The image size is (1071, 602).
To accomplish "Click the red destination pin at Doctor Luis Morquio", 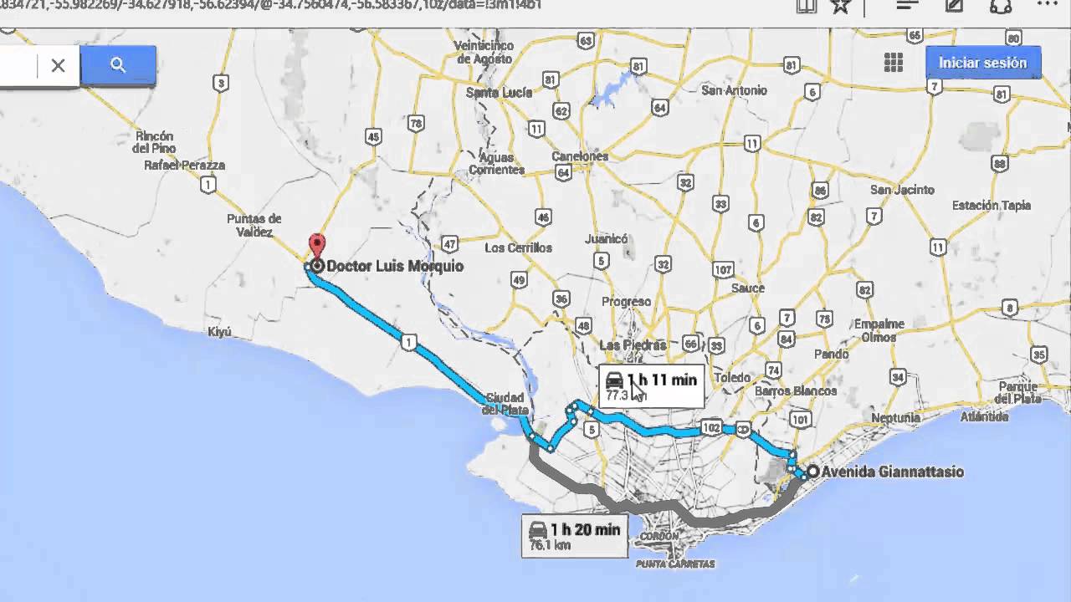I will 316,246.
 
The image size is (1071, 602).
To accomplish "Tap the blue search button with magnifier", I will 118,65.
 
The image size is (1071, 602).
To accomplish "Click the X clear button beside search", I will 58,65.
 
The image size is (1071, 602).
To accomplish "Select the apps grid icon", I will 894,63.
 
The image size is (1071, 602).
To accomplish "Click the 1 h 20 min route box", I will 574,536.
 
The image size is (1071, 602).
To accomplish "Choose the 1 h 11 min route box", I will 651,385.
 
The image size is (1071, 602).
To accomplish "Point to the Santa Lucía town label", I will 499,93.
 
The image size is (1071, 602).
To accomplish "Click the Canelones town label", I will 580,156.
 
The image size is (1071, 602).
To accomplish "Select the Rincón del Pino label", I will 153,142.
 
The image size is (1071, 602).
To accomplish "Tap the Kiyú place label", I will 219,332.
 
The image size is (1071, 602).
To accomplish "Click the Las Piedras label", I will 633,345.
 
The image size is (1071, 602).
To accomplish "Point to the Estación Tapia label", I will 991,205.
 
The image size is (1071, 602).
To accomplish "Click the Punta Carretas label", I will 675,564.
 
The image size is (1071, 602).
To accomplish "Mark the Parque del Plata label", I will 1017,392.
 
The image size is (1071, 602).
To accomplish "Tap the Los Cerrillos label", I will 519,247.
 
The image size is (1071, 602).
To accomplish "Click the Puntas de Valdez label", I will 254,226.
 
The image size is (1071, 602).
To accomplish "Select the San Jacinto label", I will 902,190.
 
